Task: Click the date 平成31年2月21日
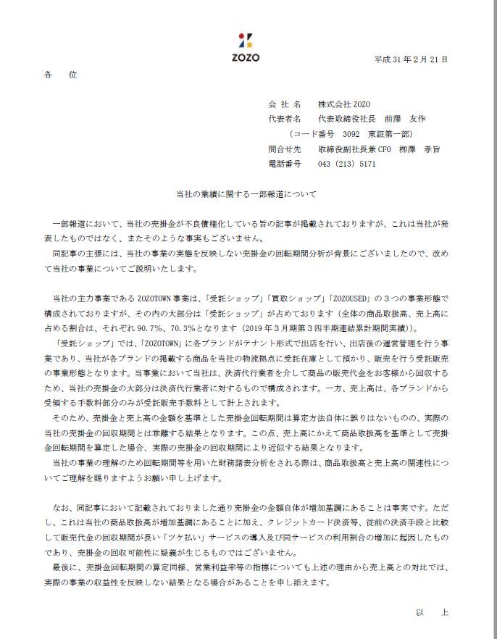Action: (x=412, y=59)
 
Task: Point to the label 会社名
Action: (x=283, y=104)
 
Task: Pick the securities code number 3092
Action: (x=351, y=134)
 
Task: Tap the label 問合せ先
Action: (x=283, y=149)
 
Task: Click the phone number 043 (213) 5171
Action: (x=347, y=164)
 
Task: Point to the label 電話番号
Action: (x=283, y=164)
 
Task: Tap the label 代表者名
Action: (x=283, y=119)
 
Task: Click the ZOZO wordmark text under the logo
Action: (x=247, y=57)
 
